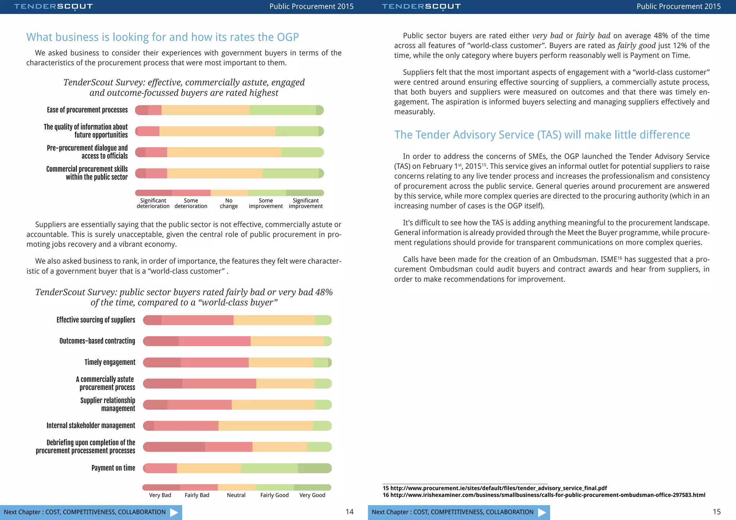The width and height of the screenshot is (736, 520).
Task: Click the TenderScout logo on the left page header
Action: (x=53, y=6)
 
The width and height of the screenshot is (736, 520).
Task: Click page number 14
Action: (x=349, y=512)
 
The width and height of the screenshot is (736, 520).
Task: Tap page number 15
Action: (x=717, y=512)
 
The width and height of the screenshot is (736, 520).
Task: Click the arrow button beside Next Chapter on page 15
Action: (x=542, y=512)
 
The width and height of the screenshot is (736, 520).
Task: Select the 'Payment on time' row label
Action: (x=113, y=468)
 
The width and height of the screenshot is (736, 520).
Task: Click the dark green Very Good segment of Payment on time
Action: (x=314, y=468)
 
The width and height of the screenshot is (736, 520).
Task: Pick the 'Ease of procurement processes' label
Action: (x=87, y=110)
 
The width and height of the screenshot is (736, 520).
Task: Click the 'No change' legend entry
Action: (x=229, y=203)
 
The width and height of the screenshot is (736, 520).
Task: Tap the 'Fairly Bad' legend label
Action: (x=197, y=495)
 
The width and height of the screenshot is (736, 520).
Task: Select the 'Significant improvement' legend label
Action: (x=305, y=203)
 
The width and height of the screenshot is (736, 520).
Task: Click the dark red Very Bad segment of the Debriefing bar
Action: (x=175, y=447)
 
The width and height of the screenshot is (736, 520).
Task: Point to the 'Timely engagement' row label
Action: (x=110, y=362)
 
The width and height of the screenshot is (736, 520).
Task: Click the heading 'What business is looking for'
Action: (x=162, y=37)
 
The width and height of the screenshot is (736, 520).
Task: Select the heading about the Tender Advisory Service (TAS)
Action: (x=542, y=135)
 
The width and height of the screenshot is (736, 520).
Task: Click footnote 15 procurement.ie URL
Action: (x=498, y=488)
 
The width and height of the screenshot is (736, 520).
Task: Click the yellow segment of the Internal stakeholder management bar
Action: (x=266, y=426)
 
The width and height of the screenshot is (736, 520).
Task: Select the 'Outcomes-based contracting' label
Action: (x=97, y=341)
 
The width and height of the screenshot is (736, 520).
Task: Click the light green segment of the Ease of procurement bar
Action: (x=282, y=110)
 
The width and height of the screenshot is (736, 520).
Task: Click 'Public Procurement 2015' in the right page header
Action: (x=678, y=6)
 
